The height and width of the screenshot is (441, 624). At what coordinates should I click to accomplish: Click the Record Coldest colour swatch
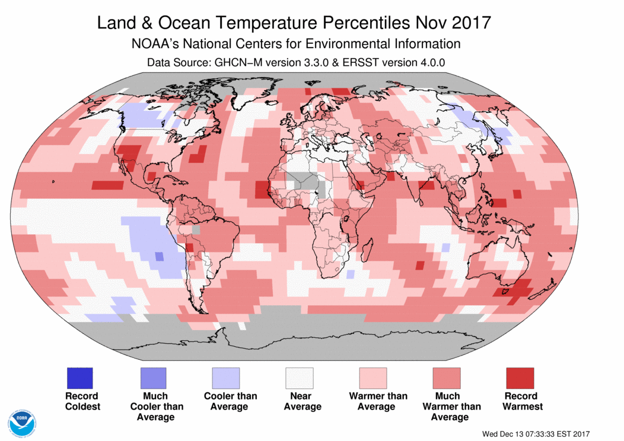[x=80, y=378]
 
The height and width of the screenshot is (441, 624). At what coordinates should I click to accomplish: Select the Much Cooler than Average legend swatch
[x=153, y=378]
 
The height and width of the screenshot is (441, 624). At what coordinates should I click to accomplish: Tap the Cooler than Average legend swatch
[x=226, y=378]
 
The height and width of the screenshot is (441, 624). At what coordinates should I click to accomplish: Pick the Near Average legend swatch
[x=300, y=378]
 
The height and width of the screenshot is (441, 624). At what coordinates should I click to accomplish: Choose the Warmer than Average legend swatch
[x=373, y=378]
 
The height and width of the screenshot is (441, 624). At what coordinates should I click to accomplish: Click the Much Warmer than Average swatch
[x=447, y=378]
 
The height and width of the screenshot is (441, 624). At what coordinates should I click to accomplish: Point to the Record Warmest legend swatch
[x=520, y=378]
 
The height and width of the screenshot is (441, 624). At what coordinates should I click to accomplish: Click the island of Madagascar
[x=368, y=250]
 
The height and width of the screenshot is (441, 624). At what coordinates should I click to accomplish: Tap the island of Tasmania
[x=506, y=292]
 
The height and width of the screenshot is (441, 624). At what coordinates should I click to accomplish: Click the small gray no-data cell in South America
[x=196, y=230]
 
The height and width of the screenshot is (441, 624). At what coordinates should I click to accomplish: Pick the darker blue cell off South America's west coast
[x=159, y=257]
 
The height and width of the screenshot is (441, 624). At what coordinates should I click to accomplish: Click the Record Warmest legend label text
[x=521, y=401]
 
